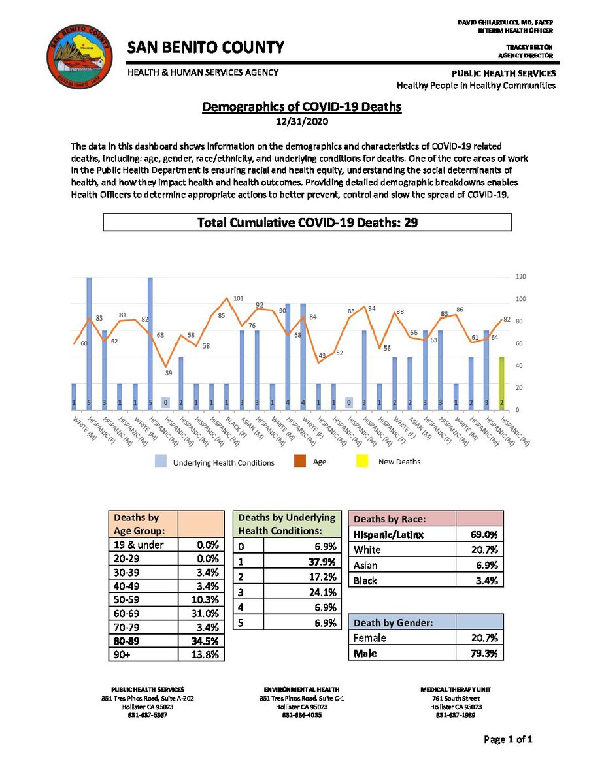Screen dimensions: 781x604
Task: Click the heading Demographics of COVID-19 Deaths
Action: click(301, 107)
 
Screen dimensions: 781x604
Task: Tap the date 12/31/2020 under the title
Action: click(301, 121)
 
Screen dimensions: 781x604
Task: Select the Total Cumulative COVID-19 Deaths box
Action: click(307, 223)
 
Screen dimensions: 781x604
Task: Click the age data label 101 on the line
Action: click(238, 299)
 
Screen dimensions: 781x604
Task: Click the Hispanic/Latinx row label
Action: click(388, 535)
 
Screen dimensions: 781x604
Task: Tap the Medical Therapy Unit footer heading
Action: click(456, 690)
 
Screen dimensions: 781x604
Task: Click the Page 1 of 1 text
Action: click(508, 740)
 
